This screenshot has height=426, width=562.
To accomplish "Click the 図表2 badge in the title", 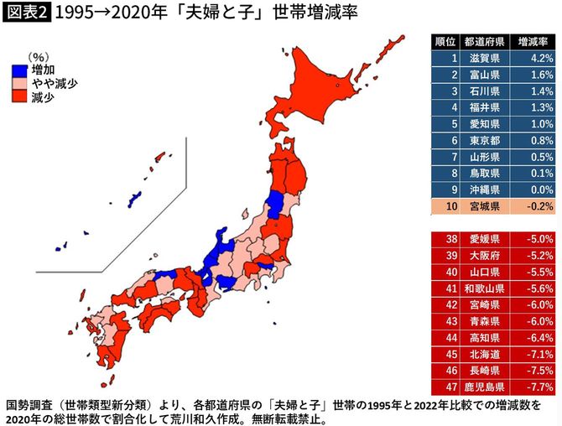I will (25, 14).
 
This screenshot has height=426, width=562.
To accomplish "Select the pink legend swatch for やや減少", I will (20, 84).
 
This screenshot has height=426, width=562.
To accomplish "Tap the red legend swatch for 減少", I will (20, 96).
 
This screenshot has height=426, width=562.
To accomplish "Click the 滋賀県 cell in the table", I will (487, 60).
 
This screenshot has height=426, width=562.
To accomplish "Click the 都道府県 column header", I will (487, 41).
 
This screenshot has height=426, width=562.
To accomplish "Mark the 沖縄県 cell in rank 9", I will (487, 189).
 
